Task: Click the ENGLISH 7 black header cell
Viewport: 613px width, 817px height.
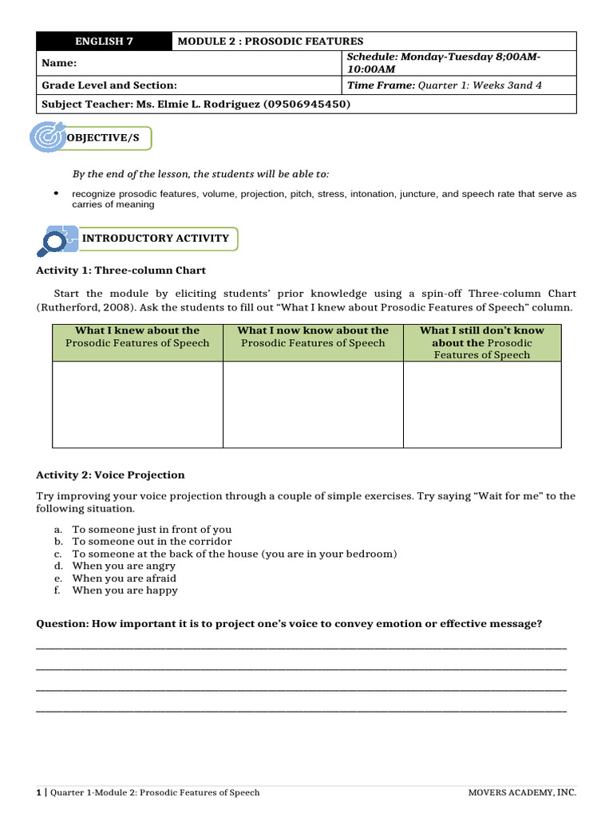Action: click(x=104, y=41)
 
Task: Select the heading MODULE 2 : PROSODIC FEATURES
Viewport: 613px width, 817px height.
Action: click(x=270, y=41)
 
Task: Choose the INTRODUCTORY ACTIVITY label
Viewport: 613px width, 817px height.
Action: click(x=156, y=238)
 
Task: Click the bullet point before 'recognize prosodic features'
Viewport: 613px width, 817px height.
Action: click(x=56, y=194)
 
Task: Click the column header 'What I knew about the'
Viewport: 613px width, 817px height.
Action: click(x=137, y=330)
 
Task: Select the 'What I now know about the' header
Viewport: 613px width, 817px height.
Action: click(x=313, y=330)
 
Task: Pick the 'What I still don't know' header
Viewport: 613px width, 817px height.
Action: click(x=481, y=330)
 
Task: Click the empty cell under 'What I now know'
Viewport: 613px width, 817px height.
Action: click(x=313, y=404)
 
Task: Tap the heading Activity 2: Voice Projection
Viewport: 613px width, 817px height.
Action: click(x=110, y=475)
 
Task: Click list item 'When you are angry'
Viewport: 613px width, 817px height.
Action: click(x=124, y=566)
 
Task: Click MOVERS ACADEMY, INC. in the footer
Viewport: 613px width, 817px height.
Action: click(x=522, y=793)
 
